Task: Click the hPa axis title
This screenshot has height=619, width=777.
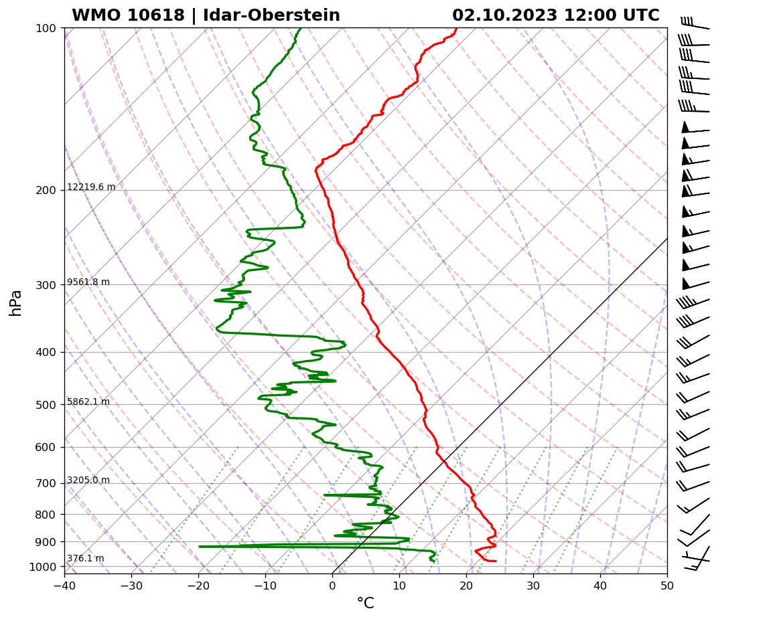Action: [16, 302]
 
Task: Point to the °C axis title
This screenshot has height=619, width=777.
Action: [365, 604]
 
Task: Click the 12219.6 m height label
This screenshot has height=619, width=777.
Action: [91, 187]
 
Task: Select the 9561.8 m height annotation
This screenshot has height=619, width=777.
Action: [88, 282]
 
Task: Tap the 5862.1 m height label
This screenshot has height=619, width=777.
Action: [88, 402]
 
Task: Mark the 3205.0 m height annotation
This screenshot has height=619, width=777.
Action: [88, 480]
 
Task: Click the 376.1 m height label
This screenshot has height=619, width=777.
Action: [85, 559]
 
